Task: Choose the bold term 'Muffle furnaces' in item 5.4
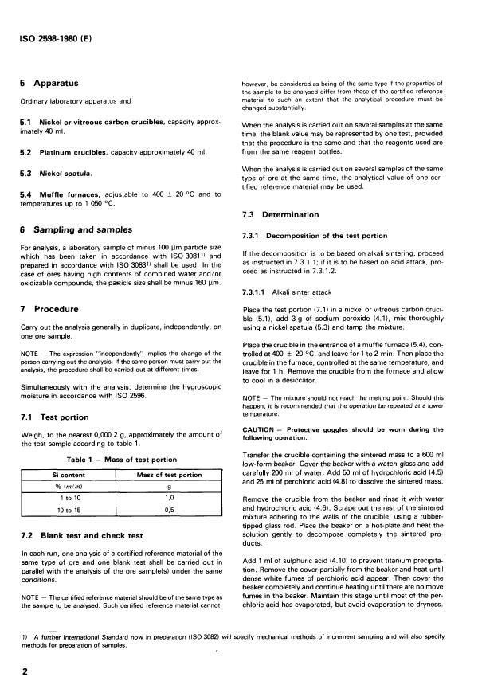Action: (72, 194)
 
